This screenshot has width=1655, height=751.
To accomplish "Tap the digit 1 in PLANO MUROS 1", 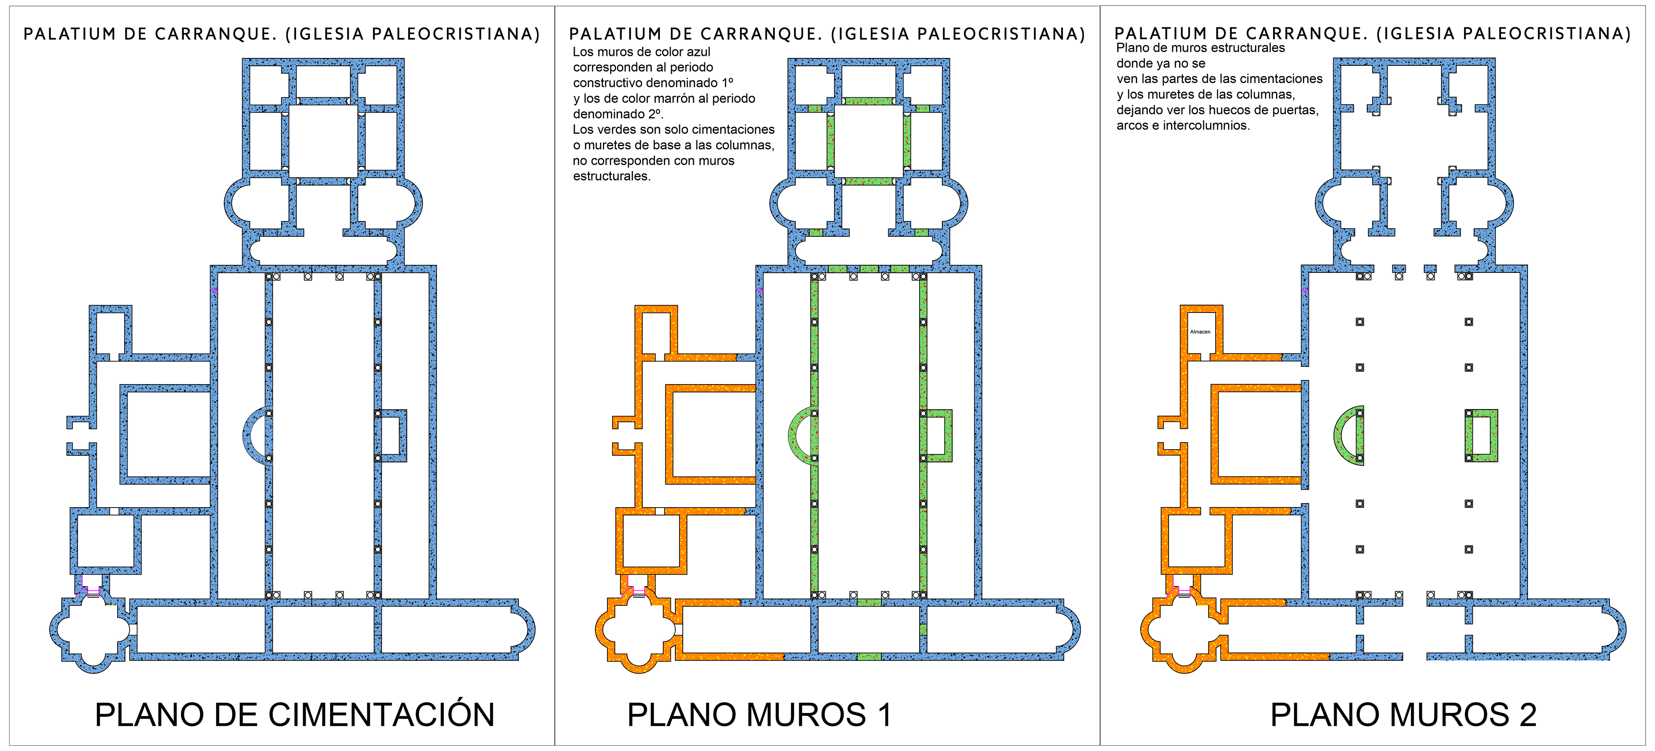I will [x=885, y=715].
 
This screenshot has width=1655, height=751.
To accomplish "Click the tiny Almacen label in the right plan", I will [x=1200, y=332].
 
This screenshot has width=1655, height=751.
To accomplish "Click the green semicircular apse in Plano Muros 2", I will [x=1345, y=435].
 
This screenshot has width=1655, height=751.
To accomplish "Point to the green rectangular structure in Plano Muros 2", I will [x=1482, y=435].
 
